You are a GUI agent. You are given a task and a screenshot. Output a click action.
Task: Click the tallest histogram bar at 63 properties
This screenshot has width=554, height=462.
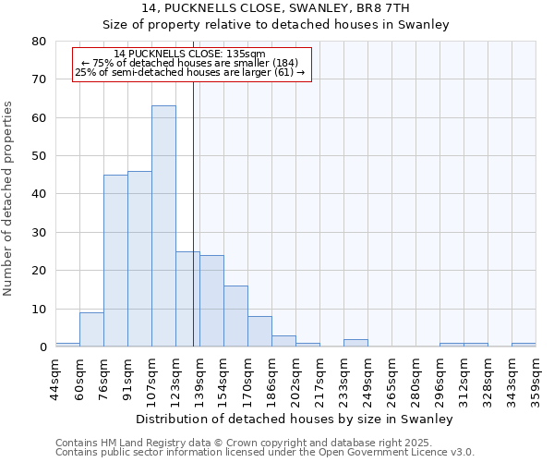(163, 226)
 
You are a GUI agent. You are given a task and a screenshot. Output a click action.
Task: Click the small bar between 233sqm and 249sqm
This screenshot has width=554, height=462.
(355, 343)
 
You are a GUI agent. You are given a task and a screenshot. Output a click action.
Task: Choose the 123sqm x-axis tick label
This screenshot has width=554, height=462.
(175, 374)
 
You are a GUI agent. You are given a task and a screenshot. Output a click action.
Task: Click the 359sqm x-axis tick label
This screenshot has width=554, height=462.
(536, 374)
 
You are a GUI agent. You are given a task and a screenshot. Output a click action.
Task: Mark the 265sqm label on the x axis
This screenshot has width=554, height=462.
(391, 374)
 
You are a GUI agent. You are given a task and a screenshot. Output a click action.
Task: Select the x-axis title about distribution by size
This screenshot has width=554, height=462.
(295, 419)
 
